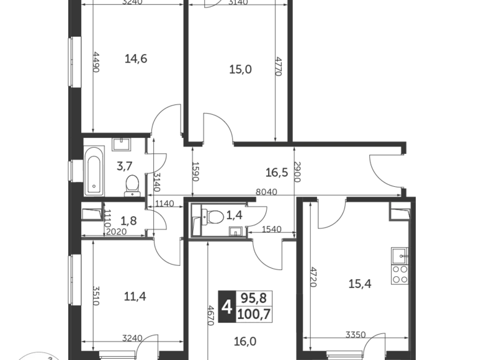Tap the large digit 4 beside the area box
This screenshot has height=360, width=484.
pyautogui.click(x=227, y=307)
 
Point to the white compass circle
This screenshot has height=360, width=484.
pyautogui.click(x=37, y=356)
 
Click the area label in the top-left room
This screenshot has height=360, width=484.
pyautogui.click(x=137, y=58)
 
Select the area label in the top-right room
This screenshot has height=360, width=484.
pyautogui.click(x=240, y=70)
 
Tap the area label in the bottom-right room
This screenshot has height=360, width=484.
pyautogui.click(x=359, y=286)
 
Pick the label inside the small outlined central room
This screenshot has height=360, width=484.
pyautogui.click(x=215, y=217)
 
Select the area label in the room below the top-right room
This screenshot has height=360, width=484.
pyautogui.click(x=273, y=169)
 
